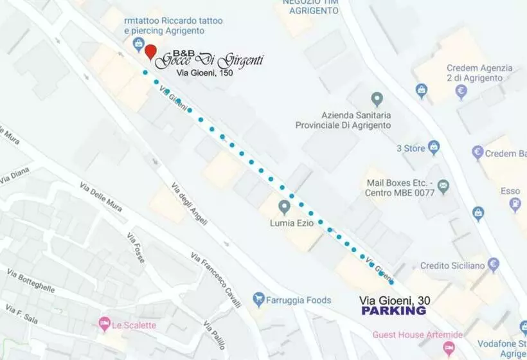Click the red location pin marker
[150, 51]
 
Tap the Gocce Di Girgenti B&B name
[210, 60]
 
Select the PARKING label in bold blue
[393, 310]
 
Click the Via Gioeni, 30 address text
[395, 300]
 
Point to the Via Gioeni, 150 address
[205, 73]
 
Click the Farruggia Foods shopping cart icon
[259, 299]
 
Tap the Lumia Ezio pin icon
[284, 207]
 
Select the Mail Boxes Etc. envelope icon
[443, 187]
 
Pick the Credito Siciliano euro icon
[494, 264]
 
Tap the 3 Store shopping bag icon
[434, 148]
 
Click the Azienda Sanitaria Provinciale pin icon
[377, 100]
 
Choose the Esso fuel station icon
[515, 205]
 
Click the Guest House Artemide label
[418, 335]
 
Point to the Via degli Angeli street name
[189, 203]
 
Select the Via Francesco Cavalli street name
[215, 280]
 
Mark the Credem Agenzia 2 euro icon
[461, 92]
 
